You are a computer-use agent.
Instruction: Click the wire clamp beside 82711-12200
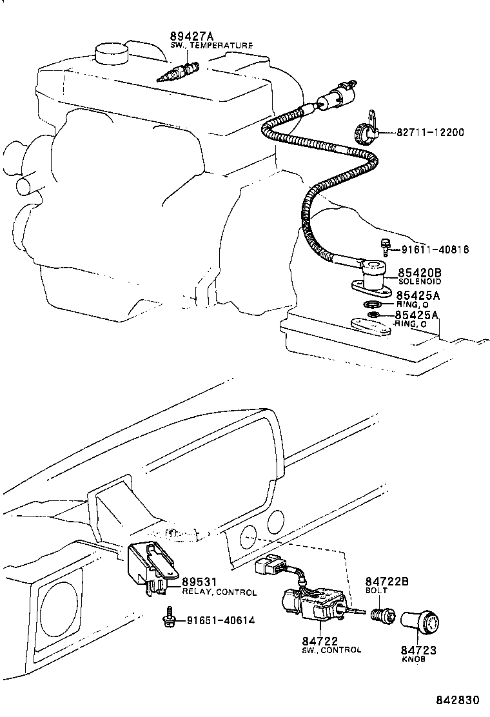(365, 131)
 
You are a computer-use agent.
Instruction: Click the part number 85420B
(418, 273)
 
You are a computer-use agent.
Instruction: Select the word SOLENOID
(418, 282)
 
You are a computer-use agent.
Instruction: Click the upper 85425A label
(418, 295)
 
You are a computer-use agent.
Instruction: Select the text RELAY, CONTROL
(219, 592)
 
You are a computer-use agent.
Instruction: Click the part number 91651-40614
(221, 621)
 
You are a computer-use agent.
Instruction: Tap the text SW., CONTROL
(331, 650)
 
